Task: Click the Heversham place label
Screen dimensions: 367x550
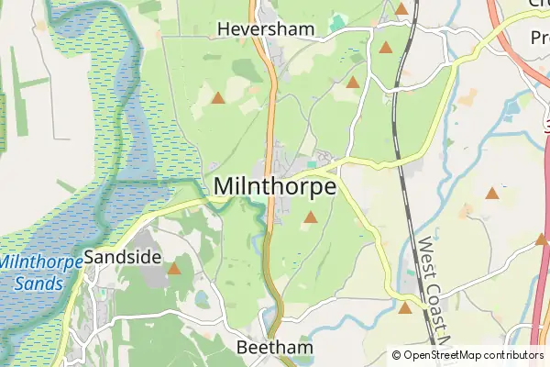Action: pos(265,28)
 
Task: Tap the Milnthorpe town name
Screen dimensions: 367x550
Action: pos(275,185)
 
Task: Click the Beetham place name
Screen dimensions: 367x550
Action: pos(275,349)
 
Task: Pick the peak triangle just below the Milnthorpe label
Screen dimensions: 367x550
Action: pos(311,217)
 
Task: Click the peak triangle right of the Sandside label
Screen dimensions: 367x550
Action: pos(174,269)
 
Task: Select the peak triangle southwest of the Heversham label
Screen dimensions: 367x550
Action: pos(217,97)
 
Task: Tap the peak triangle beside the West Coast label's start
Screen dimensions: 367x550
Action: pos(492,193)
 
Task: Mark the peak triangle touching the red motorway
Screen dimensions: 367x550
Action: pos(541,239)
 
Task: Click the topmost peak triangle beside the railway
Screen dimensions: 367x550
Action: pos(401,9)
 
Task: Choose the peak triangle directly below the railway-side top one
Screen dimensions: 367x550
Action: pos(386,47)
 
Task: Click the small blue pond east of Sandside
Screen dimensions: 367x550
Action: pos(201,300)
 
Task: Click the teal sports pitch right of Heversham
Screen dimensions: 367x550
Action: pos(339,21)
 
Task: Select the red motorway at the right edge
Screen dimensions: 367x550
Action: pos(540,303)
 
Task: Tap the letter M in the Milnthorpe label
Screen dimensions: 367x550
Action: pos(225,185)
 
